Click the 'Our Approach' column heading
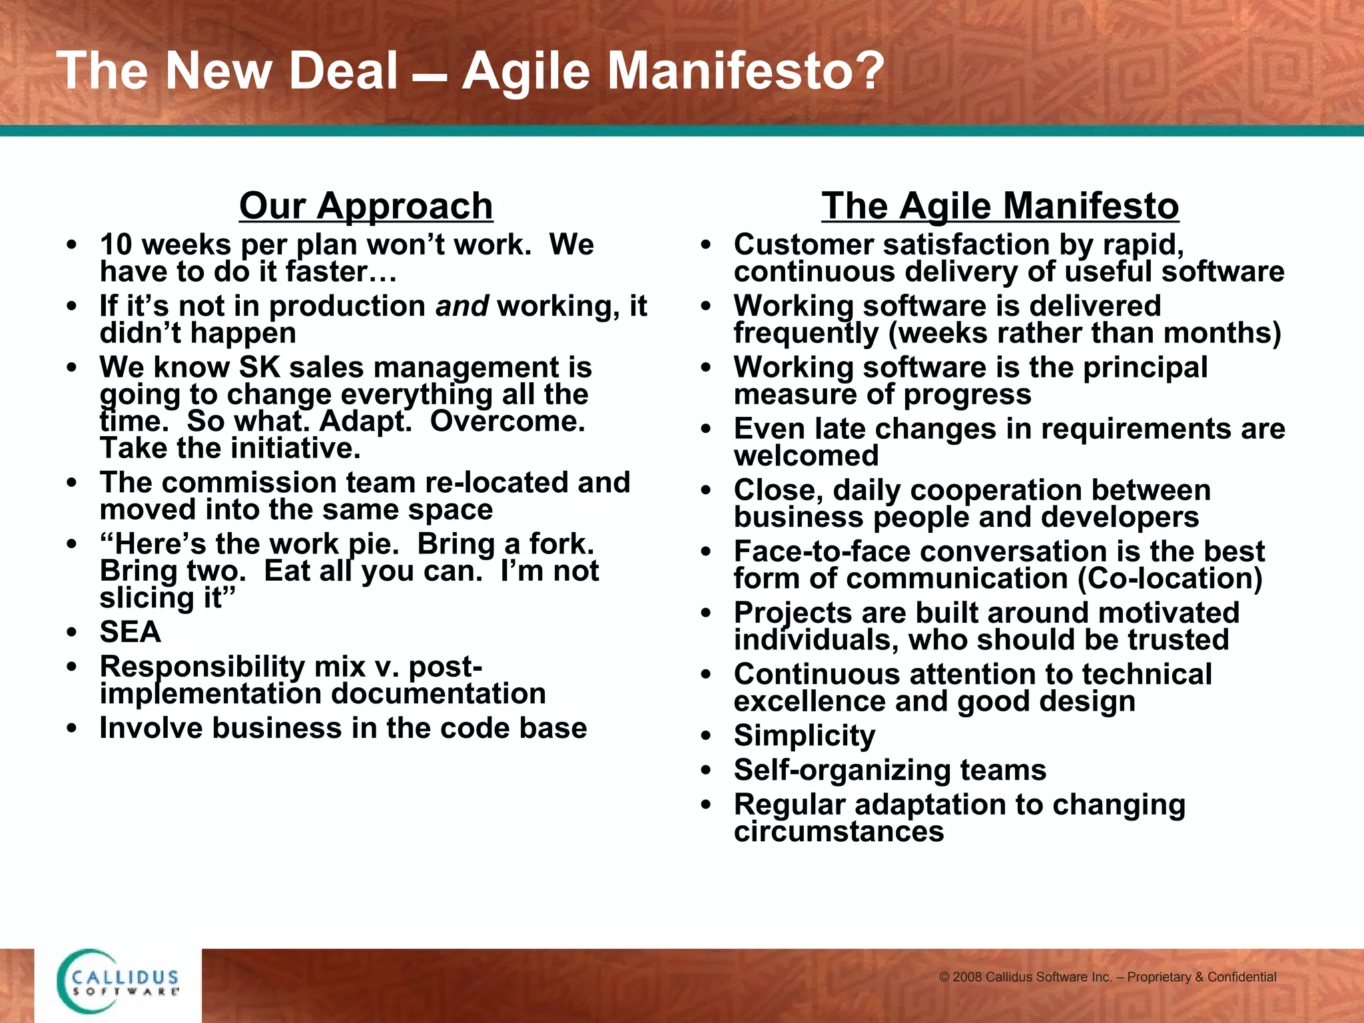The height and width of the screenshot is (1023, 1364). [366, 206]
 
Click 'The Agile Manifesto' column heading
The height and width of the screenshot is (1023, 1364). [1000, 206]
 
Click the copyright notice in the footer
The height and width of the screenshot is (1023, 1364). [1107, 977]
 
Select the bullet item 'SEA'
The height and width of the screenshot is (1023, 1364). [130, 632]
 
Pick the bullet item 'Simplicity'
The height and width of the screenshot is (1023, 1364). [804, 736]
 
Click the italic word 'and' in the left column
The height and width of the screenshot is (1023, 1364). [462, 306]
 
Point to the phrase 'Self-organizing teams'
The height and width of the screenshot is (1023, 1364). [890, 771]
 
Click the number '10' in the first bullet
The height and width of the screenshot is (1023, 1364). [116, 245]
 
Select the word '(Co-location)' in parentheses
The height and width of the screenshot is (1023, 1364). [1170, 579]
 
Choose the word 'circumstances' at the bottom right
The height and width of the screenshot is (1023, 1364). [839, 832]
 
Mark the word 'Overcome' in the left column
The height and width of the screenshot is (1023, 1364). [506, 422]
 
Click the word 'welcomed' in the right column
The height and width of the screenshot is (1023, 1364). [806, 456]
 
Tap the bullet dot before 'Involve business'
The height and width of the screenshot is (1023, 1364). [72, 729]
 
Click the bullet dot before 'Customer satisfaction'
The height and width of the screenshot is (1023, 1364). [706, 245]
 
